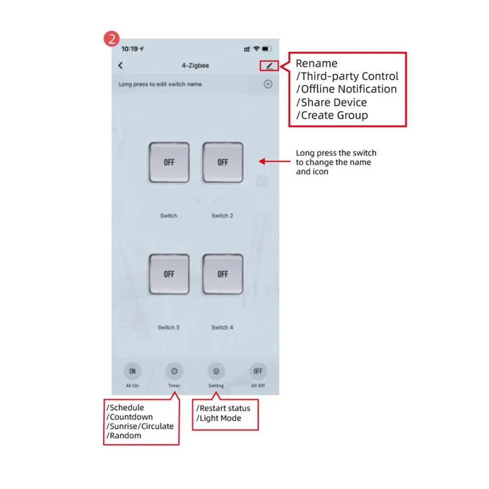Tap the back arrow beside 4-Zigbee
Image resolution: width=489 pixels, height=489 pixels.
click(x=121, y=66)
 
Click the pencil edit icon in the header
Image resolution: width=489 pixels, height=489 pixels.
click(x=269, y=66)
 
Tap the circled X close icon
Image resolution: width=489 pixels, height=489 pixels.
click(x=268, y=84)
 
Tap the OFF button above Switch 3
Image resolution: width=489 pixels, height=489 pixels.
click(x=169, y=274)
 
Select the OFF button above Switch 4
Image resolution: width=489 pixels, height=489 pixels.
click(x=223, y=274)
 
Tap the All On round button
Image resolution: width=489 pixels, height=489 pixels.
click(x=132, y=371)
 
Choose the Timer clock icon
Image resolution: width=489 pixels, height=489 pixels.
click(x=174, y=371)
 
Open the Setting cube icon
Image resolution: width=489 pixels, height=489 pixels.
click(x=216, y=371)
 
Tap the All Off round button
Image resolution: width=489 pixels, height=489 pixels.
click(x=258, y=371)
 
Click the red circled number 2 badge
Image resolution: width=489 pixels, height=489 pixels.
click(x=112, y=39)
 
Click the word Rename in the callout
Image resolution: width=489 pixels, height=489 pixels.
click(x=316, y=64)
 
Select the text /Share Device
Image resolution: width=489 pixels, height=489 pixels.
click(x=331, y=102)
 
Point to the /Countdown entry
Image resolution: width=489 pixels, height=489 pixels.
click(x=130, y=417)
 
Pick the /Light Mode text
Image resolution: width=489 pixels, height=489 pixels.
click(x=219, y=418)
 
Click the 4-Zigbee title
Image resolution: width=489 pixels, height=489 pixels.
click(x=195, y=66)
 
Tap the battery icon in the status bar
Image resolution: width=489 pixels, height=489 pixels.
click(x=267, y=49)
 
